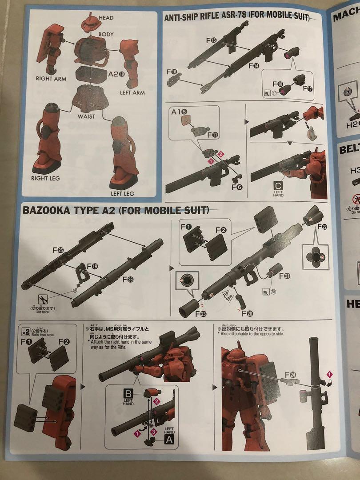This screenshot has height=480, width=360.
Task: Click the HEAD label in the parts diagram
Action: [106, 18]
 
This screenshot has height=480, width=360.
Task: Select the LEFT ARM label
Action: [132, 92]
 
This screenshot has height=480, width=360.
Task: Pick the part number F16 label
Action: [172, 72]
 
